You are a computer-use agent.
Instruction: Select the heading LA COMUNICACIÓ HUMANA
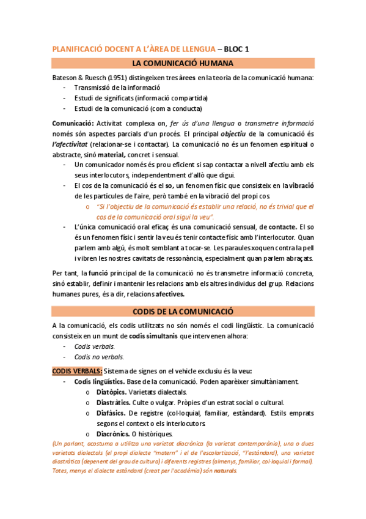point(183,63)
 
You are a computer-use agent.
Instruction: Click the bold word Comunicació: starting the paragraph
point(73,123)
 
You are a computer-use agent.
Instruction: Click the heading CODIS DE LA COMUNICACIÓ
point(183,311)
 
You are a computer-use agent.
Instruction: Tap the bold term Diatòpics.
point(112,392)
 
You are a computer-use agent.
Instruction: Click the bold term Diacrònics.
point(113,434)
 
